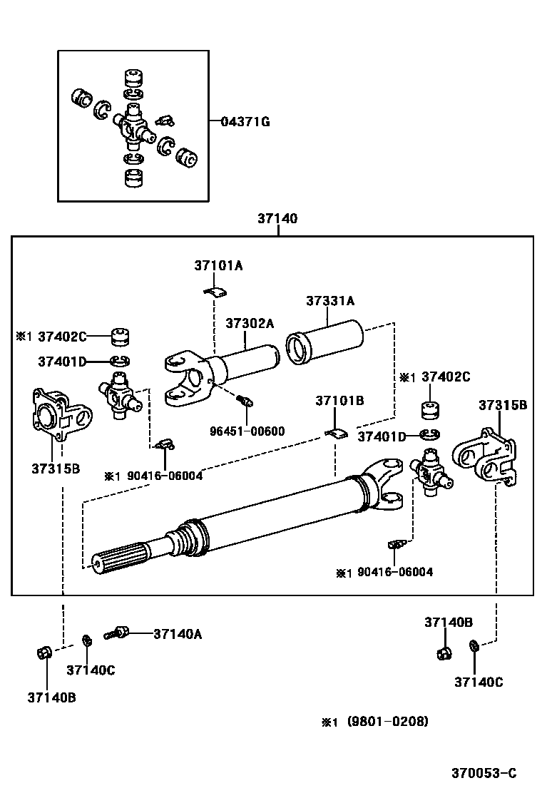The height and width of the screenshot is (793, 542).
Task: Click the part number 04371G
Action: point(245,122)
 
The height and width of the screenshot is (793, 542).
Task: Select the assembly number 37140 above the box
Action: point(277,219)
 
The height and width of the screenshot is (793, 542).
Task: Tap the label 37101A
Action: point(218,265)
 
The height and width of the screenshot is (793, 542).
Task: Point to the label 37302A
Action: point(250,323)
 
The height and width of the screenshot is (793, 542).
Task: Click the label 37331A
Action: point(330,301)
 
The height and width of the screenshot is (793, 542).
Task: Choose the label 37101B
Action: point(339,401)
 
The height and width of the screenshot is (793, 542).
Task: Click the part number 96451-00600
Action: point(247,431)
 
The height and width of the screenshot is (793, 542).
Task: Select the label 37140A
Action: point(178,633)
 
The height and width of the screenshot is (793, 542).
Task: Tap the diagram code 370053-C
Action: point(483,773)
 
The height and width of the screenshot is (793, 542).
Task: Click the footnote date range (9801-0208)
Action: point(388,722)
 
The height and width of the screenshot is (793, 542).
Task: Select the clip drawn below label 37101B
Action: point(336,433)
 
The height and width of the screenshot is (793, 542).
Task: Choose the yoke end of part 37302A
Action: point(187,376)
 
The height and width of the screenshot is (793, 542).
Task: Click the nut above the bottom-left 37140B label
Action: point(42,653)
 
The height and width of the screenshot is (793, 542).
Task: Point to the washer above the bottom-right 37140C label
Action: point(474,646)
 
